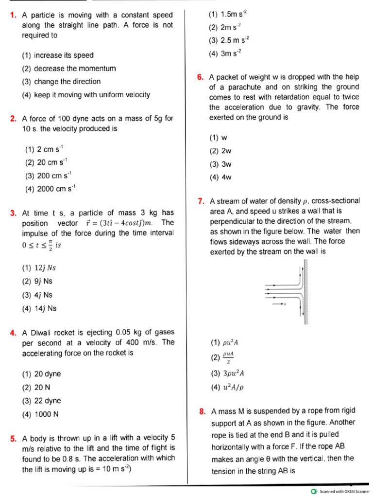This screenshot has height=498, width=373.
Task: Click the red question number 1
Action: tap(13, 15)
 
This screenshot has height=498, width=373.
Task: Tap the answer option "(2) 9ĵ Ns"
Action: tap(37, 281)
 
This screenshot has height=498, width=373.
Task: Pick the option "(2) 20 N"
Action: tap(37, 388)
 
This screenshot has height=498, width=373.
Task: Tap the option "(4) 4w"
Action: tap(220, 178)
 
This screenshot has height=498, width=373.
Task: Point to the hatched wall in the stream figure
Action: tap(306, 292)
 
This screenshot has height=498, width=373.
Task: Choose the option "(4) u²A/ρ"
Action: tap(227, 387)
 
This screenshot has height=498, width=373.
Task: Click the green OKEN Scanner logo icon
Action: tap(315, 491)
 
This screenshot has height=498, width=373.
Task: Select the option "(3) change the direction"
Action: tap(61, 82)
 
